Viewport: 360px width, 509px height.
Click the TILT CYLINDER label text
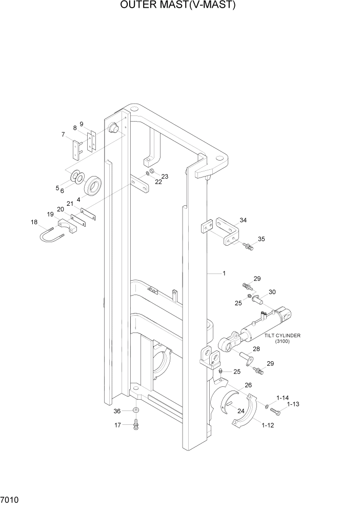coord(282,336)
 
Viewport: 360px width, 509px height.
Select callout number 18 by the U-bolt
coord(34,222)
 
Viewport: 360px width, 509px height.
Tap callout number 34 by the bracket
coord(243,220)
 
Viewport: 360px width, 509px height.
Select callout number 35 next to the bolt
coord(261,239)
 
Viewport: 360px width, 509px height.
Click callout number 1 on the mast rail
coord(224,273)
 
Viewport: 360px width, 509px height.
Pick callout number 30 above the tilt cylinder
coord(272,292)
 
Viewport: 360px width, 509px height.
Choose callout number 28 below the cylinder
coord(256,349)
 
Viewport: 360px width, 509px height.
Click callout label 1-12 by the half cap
coord(267,425)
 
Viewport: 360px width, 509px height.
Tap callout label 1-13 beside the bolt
coord(292,404)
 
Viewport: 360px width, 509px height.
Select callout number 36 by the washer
coord(117,411)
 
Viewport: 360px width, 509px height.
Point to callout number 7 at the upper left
coord(63,135)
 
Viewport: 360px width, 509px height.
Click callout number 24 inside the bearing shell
coord(240,410)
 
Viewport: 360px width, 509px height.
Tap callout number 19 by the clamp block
coord(51,214)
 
